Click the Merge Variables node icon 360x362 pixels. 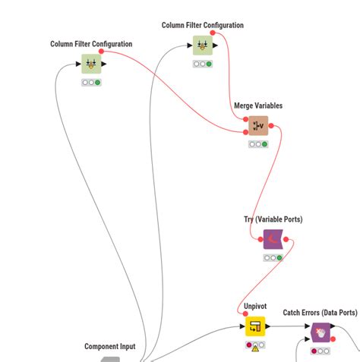pyautogui.click(x=258, y=125)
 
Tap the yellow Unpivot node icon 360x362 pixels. pyautogui.click(x=255, y=327)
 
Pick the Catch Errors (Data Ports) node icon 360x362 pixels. pyautogui.click(x=321, y=332)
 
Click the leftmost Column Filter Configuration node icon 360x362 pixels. pyautogui.click(x=91, y=64)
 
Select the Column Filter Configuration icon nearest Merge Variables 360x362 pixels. pyautogui.click(x=203, y=46)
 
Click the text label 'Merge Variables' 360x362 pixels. pyautogui.click(x=257, y=106)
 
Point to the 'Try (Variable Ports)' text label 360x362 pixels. pyautogui.click(x=273, y=219)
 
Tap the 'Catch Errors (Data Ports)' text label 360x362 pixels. pyautogui.click(x=320, y=312)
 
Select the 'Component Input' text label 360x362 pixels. pyautogui.click(x=110, y=347)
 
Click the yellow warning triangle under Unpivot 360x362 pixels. pyautogui.click(x=255, y=346)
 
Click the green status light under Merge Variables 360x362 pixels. pyautogui.click(x=264, y=144)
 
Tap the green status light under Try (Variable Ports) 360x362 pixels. pyautogui.click(x=279, y=258)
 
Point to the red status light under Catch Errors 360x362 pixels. pyautogui.click(x=314, y=351)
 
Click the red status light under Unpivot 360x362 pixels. pyautogui.click(x=248, y=345)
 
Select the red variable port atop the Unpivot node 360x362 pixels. pyautogui.click(x=245, y=315)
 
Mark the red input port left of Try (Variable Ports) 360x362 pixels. pyautogui.click(x=261, y=239)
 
